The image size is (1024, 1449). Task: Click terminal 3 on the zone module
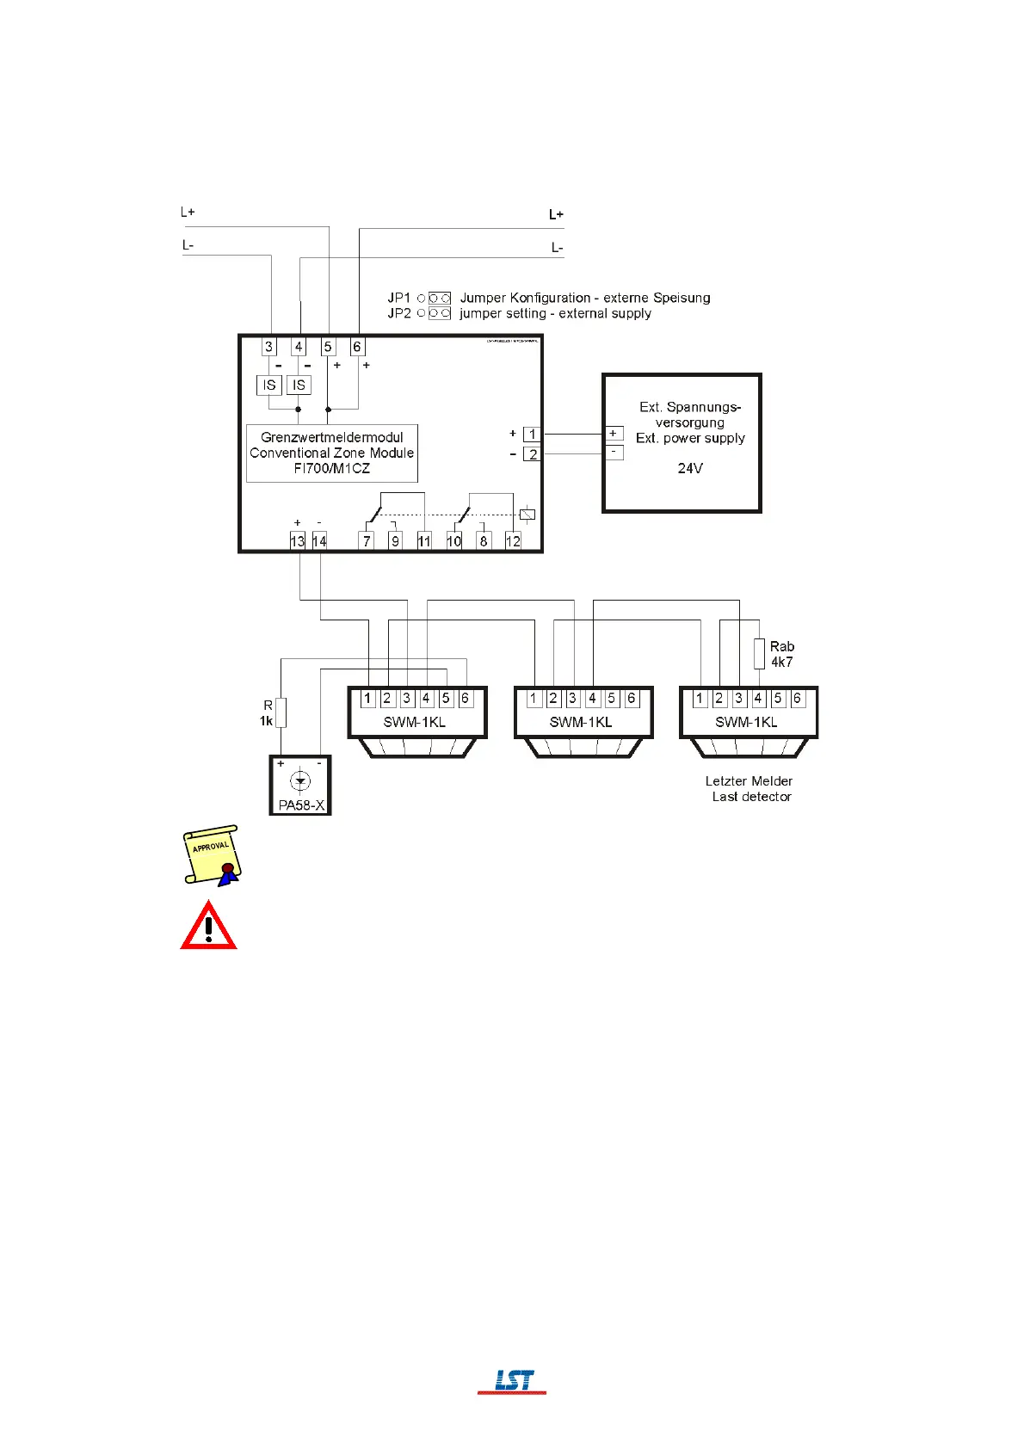(x=269, y=347)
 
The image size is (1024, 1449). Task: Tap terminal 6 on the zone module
(x=357, y=347)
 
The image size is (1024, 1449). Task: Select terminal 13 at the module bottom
(x=298, y=541)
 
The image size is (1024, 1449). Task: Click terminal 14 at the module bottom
(x=319, y=541)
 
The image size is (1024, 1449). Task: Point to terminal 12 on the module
(x=513, y=541)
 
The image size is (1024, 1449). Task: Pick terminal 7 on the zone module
(x=367, y=541)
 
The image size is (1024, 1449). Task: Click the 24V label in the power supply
(x=690, y=469)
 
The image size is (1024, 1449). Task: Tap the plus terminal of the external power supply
(x=614, y=434)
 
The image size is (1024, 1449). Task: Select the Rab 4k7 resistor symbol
(x=759, y=654)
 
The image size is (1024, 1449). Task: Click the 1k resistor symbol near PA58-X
(x=281, y=712)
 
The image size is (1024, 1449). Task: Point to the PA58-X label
(x=301, y=805)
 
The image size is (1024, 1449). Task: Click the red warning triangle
(x=208, y=926)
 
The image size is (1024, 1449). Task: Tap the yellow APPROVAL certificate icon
(x=212, y=855)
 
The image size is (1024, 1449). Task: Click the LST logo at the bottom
(x=513, y=1381)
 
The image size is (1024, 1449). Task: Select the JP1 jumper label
(x=399, y=298)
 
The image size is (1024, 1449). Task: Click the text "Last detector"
(x=751, y=797)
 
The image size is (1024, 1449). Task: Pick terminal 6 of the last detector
(x=797, y=699)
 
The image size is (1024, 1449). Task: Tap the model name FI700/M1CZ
(x=332, y=468)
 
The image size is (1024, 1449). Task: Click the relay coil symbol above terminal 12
(x=527, y=515)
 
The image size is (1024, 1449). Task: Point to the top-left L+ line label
(x=188, y=212)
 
